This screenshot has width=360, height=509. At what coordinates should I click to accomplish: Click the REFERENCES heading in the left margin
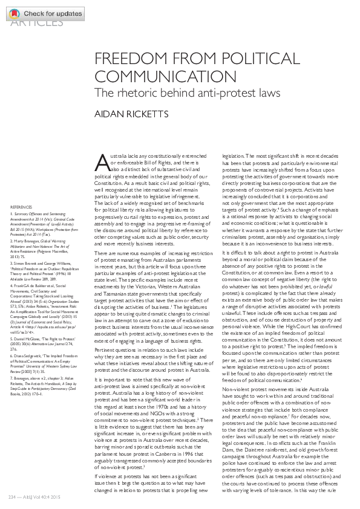[21, 207]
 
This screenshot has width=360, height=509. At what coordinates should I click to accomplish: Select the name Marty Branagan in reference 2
[28, 240]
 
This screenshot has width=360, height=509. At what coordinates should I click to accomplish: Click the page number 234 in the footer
[10, 497]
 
